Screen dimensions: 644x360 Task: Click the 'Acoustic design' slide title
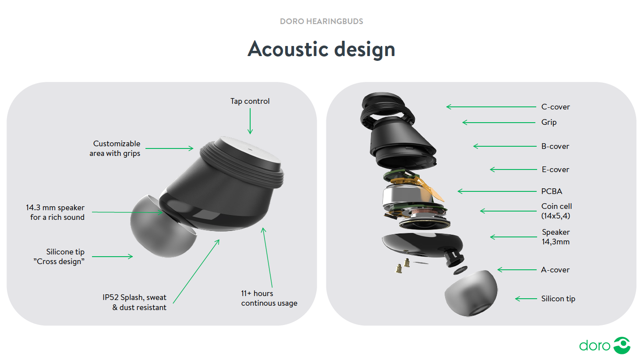pyautogui.click(x=322, y=49)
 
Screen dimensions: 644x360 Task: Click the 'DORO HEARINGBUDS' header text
pyautogui.click(x=322, y=21)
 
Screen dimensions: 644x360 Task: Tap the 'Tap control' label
pyautogui.click(x=250, y=101)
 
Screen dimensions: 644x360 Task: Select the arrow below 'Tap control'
pyautogui.click(x=250, y=121)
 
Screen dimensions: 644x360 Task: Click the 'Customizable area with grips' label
pyautogui.click(x=115, y=148)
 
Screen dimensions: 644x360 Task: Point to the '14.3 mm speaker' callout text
pyautogui.click(x=55, y=208)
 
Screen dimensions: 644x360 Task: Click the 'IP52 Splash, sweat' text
pyautogui.click(x=134, y=297)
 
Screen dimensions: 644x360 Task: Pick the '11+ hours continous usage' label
pyautogui.click(x=269, y=298)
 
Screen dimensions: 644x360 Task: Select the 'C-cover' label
pyautogui.click(x=556, y=107)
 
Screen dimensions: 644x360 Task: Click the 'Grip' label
pyautogui.click(x=549, y=122)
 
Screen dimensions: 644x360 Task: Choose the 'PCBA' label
pyautogui.click(x=552, y=191)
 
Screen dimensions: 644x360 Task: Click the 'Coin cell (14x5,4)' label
pyautogui.click(x=556, y=211)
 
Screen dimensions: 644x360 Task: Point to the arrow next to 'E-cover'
pyautogui.click(x=513, y=169)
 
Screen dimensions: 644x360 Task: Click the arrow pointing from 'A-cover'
pyautogui.click(x=517, y=270)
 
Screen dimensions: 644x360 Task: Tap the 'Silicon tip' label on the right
pyautogui.click(x=558, y=299)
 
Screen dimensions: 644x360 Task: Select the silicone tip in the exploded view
pyautogui.click(x=471, y=293)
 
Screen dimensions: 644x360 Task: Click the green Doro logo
pyautogui.click(x=605, y=345)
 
